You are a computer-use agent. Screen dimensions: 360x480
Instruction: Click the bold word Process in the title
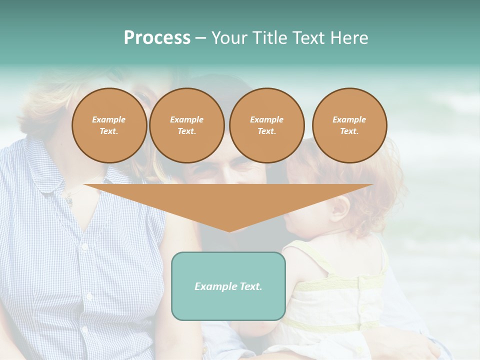click(157, 38)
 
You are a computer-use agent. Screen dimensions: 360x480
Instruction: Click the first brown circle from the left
click(109, 125)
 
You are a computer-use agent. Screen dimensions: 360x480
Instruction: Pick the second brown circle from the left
click(186, 125)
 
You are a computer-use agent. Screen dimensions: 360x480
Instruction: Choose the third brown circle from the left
click(266, 125)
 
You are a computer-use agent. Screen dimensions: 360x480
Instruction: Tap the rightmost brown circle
click(349, 125)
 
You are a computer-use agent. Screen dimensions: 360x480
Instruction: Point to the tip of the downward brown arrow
click(229, 230)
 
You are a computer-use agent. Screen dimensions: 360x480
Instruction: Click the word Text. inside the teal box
click(251, 286)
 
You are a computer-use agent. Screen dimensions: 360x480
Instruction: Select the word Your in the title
click(228, 38)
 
